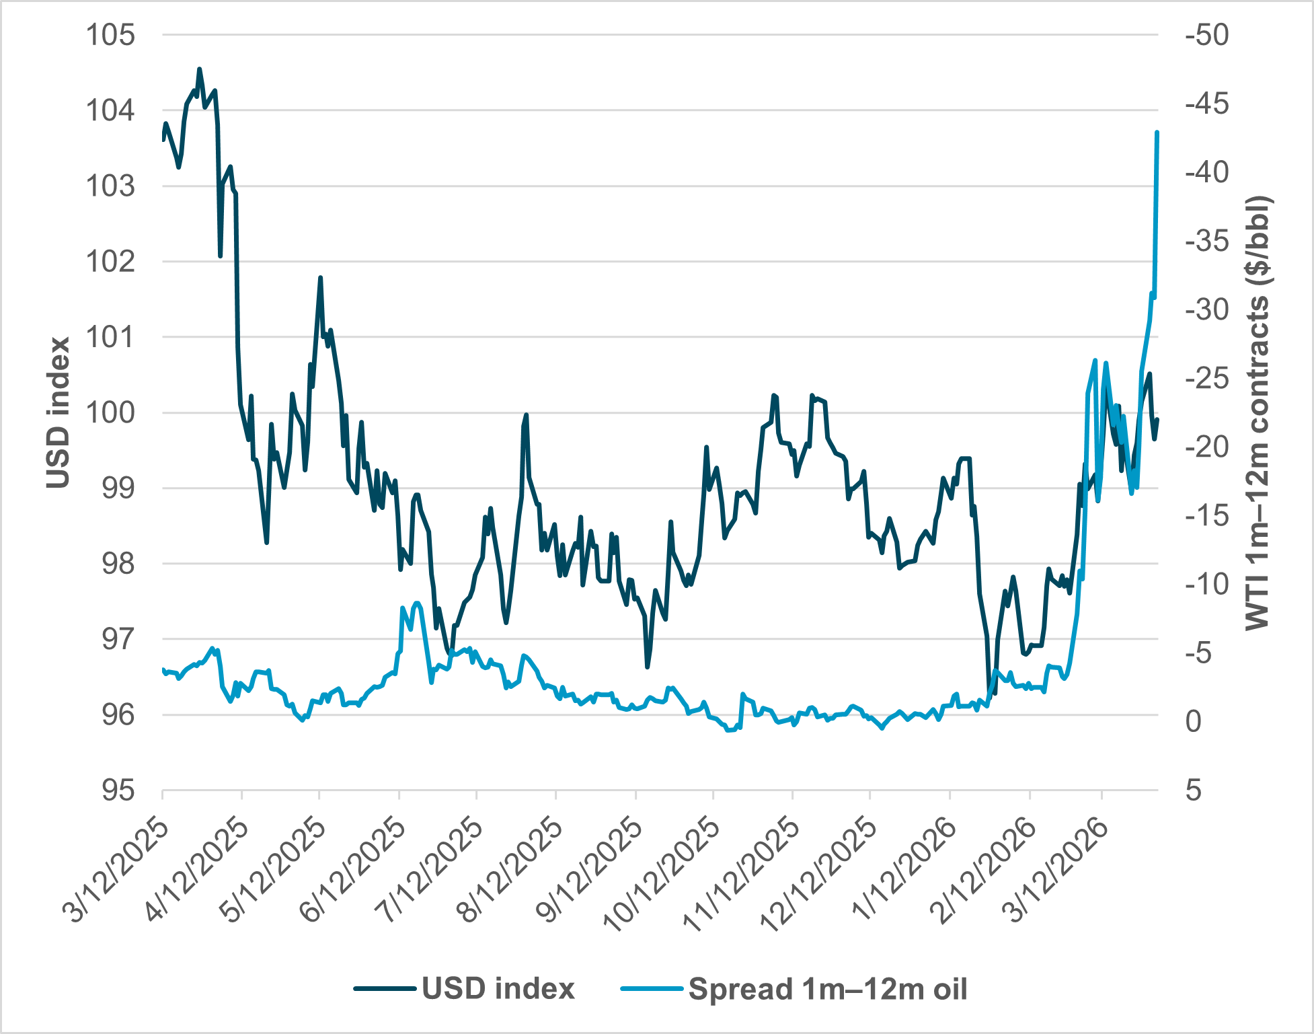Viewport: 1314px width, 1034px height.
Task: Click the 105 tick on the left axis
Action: pyautogui.click(x=110, y=35)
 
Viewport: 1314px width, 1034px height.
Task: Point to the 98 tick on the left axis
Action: pyautogui.click(x=118, y=564)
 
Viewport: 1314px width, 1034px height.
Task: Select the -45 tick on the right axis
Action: pyautogui.click(x=1206, y=104)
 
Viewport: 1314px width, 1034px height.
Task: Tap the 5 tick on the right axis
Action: pyautogui.click(x=1193, y=790)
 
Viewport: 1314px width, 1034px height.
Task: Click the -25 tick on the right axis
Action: pyautogui.click(x=1206, y=378)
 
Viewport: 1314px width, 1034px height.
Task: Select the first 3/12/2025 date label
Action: pyautogui.click(x=114, y=871)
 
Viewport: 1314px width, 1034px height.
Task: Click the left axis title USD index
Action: pyautogui.click(x=59, y=412)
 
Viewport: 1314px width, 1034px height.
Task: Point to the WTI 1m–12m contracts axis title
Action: pyautogui.click(x=1256, y=412)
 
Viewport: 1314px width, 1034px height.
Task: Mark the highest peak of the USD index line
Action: pyautogui.click(x=199, y=69)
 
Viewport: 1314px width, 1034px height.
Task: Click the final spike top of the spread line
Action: pyautogui.click(x=1157, y=133)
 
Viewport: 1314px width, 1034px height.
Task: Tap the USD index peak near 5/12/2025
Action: pyautogui.click(x=321, y=277)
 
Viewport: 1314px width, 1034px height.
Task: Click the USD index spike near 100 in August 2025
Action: pyautogui.click(x=526, y=415)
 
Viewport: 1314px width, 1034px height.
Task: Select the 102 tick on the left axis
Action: pyautogui.click(x=110, y=261)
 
